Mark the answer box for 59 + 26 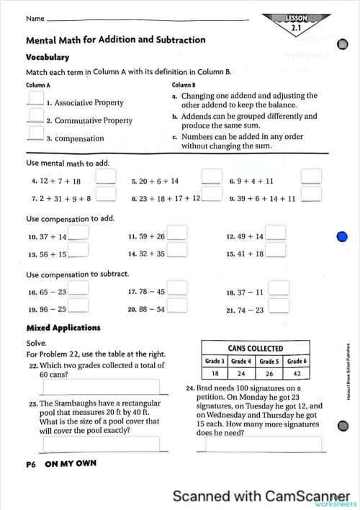tap(177, 233)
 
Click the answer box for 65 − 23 tap(78, 288)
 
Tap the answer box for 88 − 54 tap(177, 306)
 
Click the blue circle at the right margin tap(343, 237)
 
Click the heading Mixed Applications tap(63, 328)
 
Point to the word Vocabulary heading tap(48, 57)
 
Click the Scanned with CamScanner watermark tap(256, 496)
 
